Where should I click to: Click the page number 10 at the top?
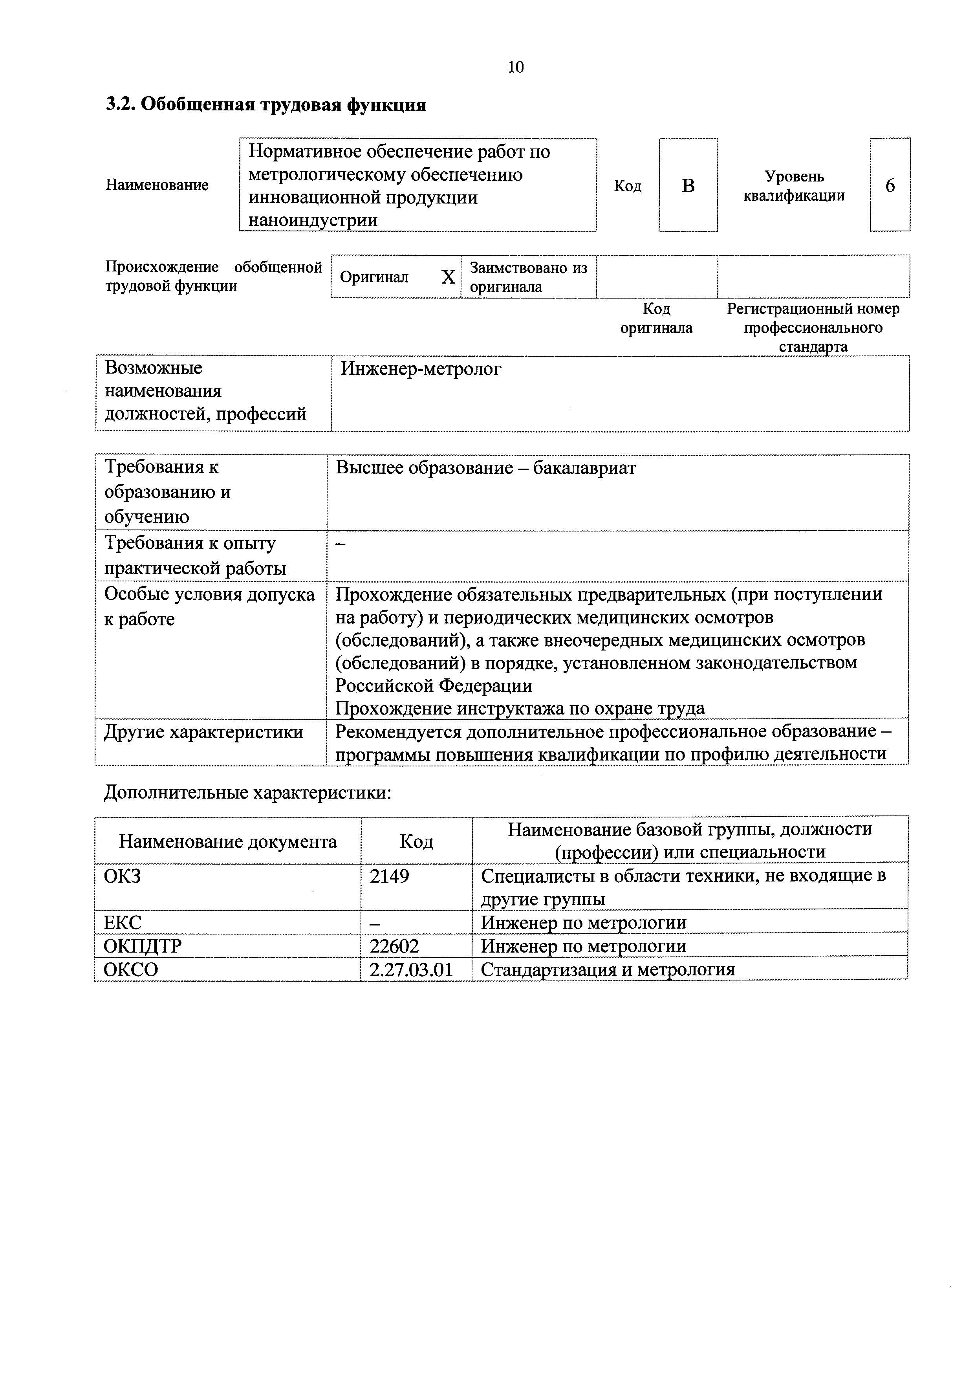click(x=516, y=67)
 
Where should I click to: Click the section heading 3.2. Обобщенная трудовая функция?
click(x=266, y=105)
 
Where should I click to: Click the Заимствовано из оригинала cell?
click(x=528, y=277)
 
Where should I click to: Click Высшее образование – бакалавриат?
click(x=485, y=468)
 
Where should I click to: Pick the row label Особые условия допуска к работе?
click(x=209, y=606)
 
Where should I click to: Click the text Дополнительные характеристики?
click(x=248, y=793)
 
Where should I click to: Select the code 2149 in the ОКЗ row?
click(x=390, y=877)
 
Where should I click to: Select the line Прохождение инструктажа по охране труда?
click(x=520, y=709)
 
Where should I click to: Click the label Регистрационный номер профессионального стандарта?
click(x=813, y=328)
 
